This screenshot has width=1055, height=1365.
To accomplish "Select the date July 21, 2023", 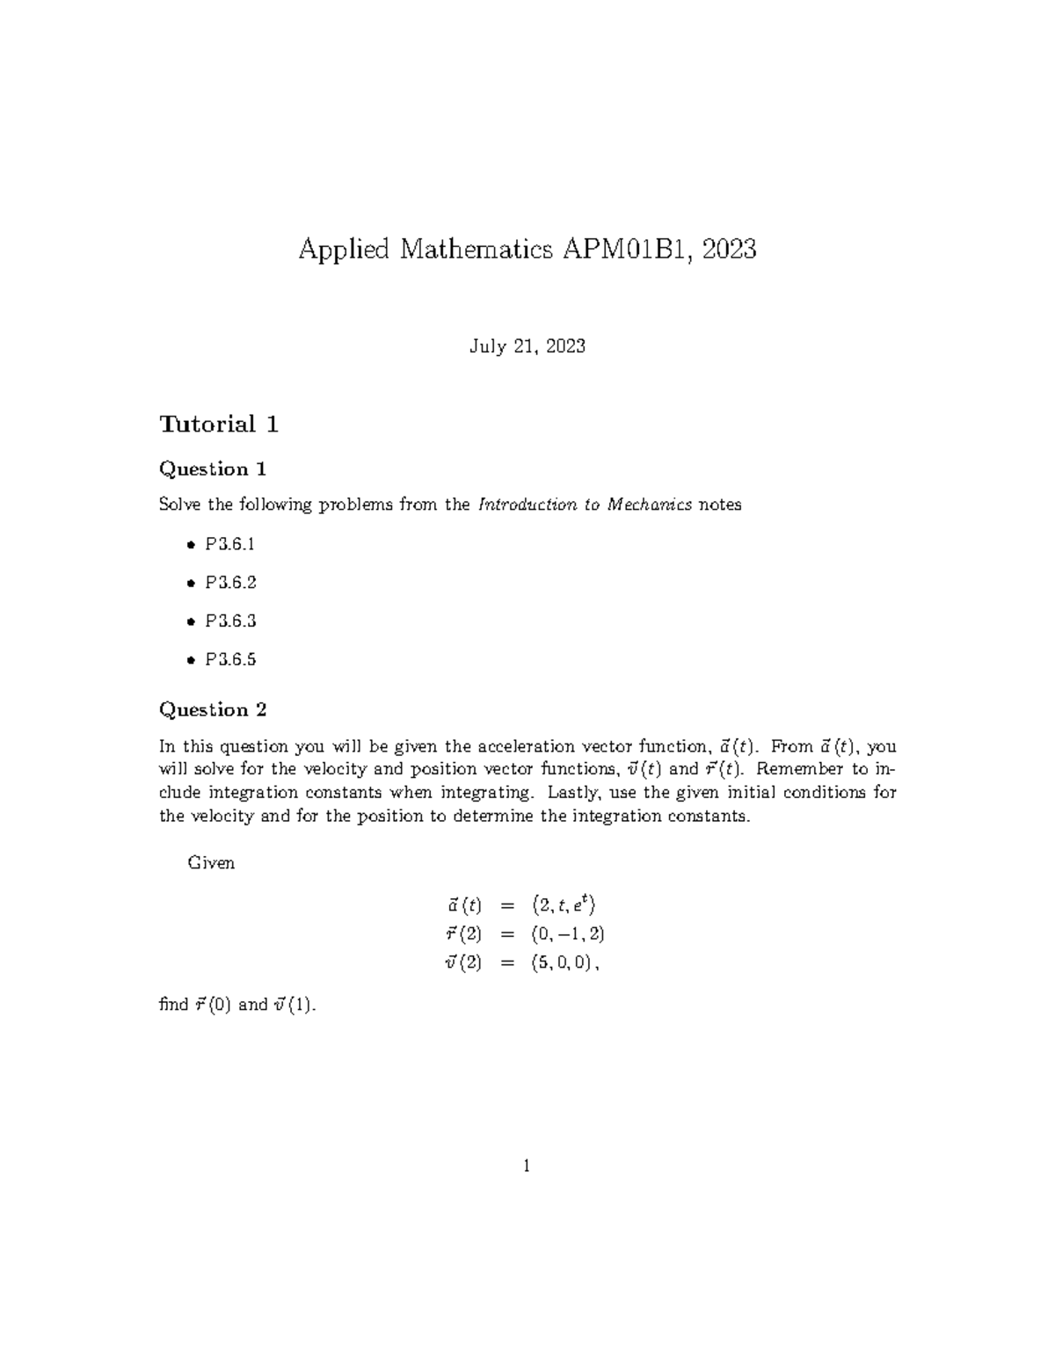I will [x=527, y=346].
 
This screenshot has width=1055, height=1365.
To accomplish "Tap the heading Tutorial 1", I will [x=219, y=425].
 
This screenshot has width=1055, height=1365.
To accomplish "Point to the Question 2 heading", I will [x=212, y=710].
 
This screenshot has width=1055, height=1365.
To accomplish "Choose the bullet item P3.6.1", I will [x=230, y=544].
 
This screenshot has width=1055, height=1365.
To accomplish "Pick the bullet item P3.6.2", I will [x=230, y=583].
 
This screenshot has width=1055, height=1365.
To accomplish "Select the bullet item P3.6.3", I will [x=230, y=621].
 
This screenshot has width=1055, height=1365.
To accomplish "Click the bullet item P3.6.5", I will [x=230, y=660].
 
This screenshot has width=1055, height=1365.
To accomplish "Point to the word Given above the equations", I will [x=211, y=863].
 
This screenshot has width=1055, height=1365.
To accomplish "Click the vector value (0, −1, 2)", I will [x=568, y=933].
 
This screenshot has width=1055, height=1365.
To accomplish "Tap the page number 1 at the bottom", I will [x=527, y=1166].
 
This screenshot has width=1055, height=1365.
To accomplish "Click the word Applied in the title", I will [x=344, y=250].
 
